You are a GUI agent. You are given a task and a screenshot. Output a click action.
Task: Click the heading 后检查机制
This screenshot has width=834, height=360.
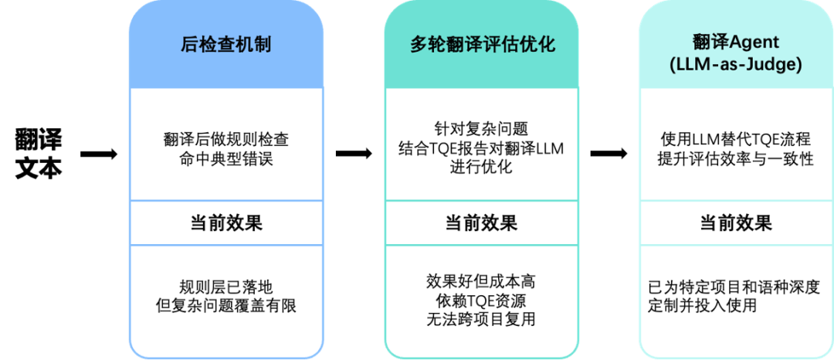[x=225, y=44]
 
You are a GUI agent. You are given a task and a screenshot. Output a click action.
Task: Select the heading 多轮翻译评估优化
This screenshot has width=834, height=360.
[x=482, y=44]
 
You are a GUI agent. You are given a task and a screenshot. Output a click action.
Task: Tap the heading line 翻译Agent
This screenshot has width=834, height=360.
[x=736, y=42]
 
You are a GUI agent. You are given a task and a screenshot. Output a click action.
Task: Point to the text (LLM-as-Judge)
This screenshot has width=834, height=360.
[x=736, y=66]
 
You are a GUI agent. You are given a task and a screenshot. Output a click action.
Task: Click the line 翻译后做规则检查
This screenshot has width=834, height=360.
[x=226, y=141]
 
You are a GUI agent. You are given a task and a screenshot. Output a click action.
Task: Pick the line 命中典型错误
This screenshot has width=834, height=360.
[x=226, y=160]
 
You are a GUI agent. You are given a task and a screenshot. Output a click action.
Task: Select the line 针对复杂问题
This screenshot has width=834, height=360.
[x=481, y=128]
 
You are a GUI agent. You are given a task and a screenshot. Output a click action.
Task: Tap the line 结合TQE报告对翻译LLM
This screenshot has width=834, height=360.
[x=481, y=148]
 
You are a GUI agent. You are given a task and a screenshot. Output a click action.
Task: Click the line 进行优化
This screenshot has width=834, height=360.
[x=481, y=167]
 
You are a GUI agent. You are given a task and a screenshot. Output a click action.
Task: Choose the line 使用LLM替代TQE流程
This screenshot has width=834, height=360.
[x=735, y=141]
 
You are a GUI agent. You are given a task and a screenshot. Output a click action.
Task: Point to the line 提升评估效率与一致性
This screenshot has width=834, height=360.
[x=735, y=160]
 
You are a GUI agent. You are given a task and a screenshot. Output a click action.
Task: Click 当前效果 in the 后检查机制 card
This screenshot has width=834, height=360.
[x=226, y=223]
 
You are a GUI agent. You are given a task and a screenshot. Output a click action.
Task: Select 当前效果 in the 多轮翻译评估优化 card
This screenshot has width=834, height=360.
[x=481, y=223]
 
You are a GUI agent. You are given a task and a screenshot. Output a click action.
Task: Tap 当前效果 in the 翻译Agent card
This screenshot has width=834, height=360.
[x=735, y=223]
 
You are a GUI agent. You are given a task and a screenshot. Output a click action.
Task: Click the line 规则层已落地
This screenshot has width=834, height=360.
[x=226, y=286]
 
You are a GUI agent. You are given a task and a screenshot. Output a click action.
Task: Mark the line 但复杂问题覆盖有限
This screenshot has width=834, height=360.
[x=226, y=306]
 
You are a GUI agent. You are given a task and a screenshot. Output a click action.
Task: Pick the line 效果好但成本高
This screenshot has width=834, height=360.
[x=481, y=280]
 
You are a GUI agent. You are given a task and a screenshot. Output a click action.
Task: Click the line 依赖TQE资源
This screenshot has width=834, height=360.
[x=481, y=299]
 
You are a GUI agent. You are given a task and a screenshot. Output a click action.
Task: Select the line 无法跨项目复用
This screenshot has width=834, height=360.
[x=481, y=318]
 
